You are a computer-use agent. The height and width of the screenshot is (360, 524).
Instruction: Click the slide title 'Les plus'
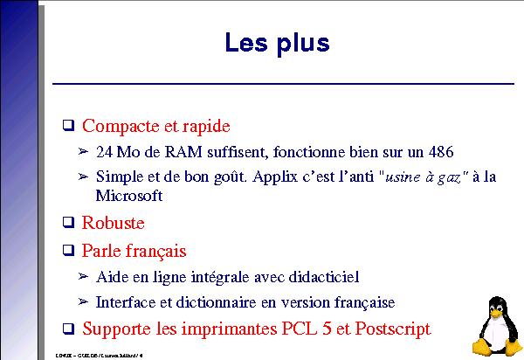pos(277,43)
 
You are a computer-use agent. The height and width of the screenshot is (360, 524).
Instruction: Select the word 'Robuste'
pos(113,223)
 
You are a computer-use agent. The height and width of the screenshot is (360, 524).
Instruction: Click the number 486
pos(440,151)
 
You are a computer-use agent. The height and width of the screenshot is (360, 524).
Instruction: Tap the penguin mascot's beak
pos(498,310)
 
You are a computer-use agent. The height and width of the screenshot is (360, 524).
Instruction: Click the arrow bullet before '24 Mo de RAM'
pos(84,151)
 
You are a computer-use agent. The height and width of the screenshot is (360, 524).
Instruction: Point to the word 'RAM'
pos(170,151)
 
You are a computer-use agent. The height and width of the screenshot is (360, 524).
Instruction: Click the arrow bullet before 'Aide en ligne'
pos(84,277)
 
